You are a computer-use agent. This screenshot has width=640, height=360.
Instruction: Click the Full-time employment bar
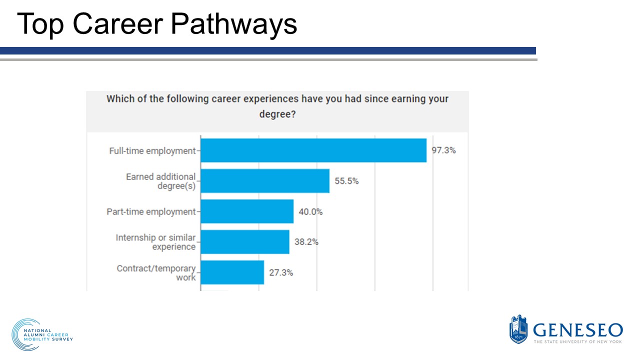[313, 150]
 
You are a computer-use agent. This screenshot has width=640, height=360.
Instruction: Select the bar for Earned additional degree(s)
[265, 181]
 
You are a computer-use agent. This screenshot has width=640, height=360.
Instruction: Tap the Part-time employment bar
[247, 211]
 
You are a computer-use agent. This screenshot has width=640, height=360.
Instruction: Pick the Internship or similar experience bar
[245, 242]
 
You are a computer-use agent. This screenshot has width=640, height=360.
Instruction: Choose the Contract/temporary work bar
[232, 272]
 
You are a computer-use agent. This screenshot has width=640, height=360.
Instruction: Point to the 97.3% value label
[443, 150]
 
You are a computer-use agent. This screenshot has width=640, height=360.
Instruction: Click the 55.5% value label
[346, 181]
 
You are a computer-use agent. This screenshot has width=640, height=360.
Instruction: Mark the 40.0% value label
[310, 211]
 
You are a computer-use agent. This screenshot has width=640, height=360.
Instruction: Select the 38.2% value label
[306, 242]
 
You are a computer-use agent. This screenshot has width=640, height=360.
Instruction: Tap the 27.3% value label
[281, 272]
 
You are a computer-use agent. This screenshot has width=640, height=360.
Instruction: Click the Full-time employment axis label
[152, 150]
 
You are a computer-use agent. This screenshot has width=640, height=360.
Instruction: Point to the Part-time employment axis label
[151, 211]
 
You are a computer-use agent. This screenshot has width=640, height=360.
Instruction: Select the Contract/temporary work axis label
[156, 272]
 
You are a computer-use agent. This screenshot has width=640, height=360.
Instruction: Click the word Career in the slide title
[123, 23]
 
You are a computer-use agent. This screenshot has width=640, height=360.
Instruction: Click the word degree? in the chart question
[277, 114]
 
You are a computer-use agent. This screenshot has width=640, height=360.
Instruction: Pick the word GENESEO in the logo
[577, 330]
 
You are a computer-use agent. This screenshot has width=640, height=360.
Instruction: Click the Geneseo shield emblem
[518, 329]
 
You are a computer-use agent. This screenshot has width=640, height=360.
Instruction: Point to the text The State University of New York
[577, 341]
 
